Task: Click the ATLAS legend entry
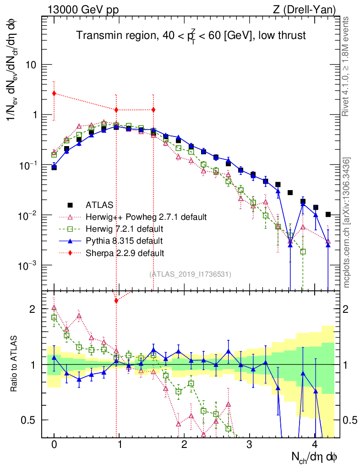tap(98, 205)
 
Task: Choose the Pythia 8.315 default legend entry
tap(124, 240)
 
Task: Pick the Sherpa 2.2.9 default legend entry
tap(125, 252)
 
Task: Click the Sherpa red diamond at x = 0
tap(54, 93)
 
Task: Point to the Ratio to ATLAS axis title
tap(15, 365)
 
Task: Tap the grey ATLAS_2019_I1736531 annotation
tap(190, 274)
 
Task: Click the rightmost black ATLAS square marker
tap(328, 214)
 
